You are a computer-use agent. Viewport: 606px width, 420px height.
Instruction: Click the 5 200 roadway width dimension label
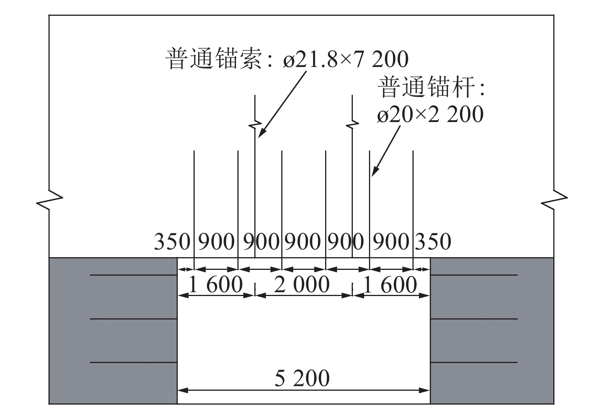coord(302,378)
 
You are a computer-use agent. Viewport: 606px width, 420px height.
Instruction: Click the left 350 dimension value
coord(172,242)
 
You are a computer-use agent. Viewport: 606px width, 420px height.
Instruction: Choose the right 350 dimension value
coord(433,242)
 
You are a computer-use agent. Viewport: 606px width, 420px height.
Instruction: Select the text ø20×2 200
coord(430,114)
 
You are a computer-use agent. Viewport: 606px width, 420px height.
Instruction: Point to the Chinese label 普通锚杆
coord(426,87)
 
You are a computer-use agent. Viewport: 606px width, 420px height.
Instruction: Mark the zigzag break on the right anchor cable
coord(352,125)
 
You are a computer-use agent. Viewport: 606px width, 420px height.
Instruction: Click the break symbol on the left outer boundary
coord(50,199)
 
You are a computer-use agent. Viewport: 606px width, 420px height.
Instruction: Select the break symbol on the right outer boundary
coord(554,200)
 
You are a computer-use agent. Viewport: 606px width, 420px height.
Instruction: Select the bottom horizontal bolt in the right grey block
coord(474,362)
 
